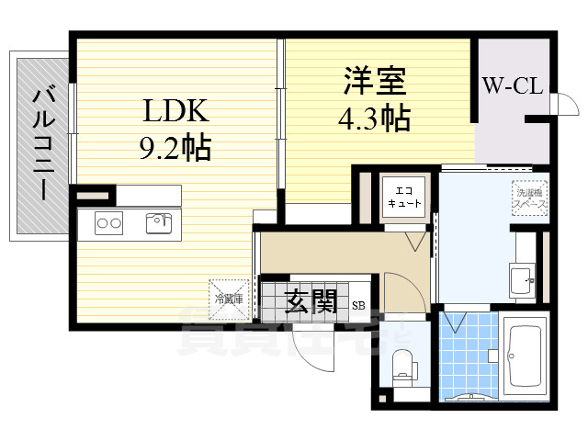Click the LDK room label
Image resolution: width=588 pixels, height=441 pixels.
click(175, 111)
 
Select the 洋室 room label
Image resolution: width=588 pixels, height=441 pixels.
click(376, 80)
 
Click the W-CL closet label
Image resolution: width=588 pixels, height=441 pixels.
click(513, 86)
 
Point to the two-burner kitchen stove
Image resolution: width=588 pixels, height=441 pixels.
click(109, 221)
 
